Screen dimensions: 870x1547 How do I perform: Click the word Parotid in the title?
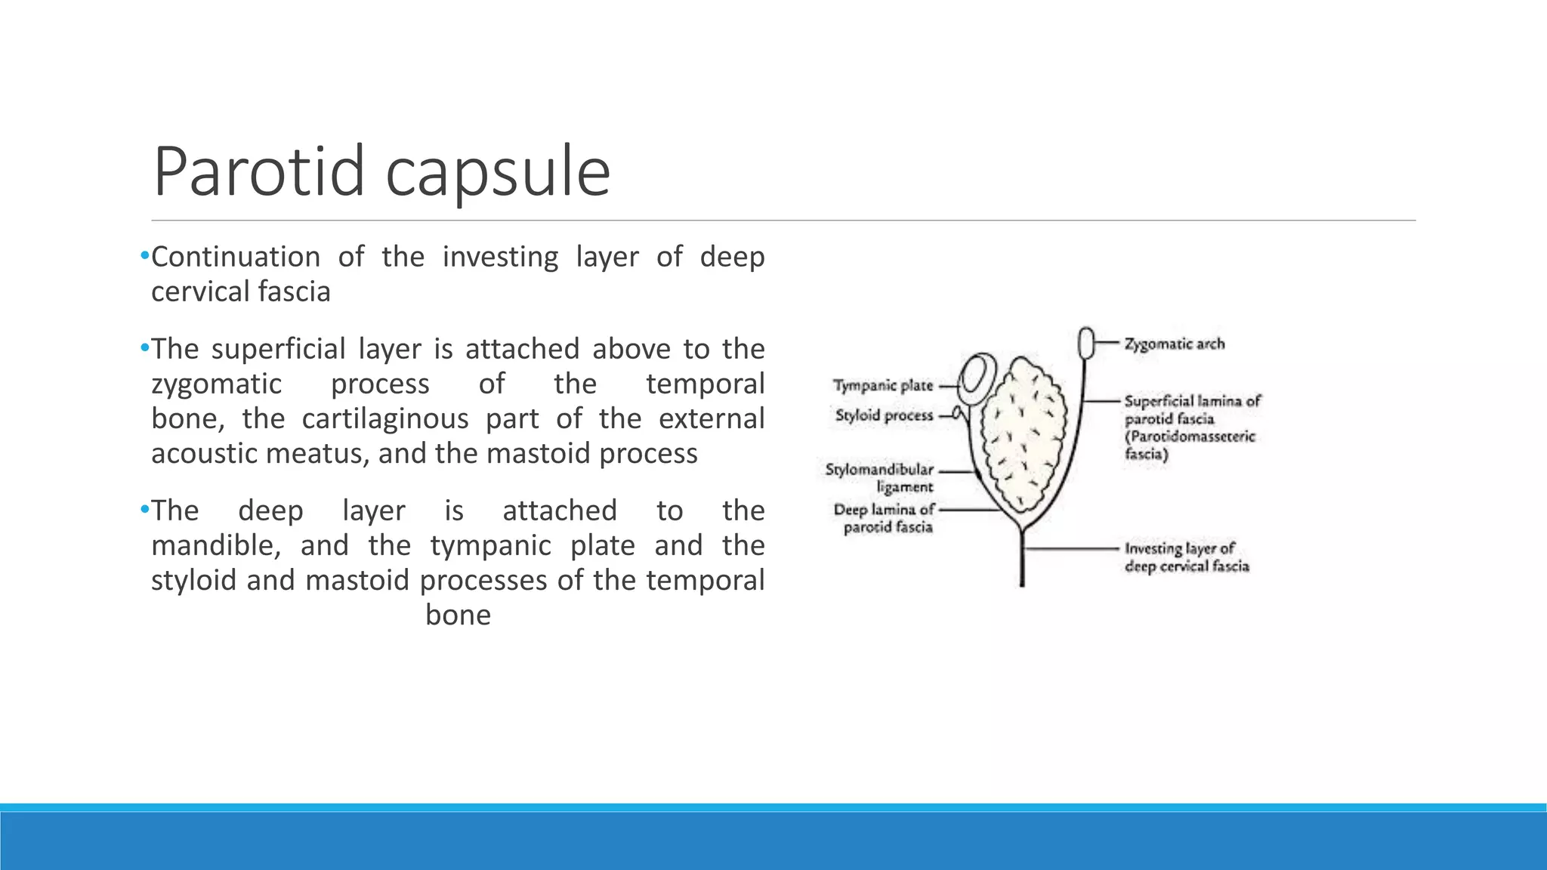[259, 172]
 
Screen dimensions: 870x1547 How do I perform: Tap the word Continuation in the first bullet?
[236, 258]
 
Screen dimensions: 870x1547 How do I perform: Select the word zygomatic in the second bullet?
[216, 384]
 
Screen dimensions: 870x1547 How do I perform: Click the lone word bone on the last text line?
[458, 615]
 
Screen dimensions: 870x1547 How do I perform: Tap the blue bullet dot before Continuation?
[145, 256]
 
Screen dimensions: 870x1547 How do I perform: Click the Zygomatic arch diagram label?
[1174, 344]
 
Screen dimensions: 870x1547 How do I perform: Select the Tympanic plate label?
[882, 386]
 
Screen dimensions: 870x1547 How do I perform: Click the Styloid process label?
[884, 415]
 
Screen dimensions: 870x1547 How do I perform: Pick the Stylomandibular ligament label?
[879, 478]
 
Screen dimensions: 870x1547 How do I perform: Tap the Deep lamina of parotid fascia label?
[884, 518]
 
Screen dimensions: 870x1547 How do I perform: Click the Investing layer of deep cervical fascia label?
[1186, 557]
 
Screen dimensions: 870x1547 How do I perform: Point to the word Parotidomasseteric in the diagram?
[1189, 437]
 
